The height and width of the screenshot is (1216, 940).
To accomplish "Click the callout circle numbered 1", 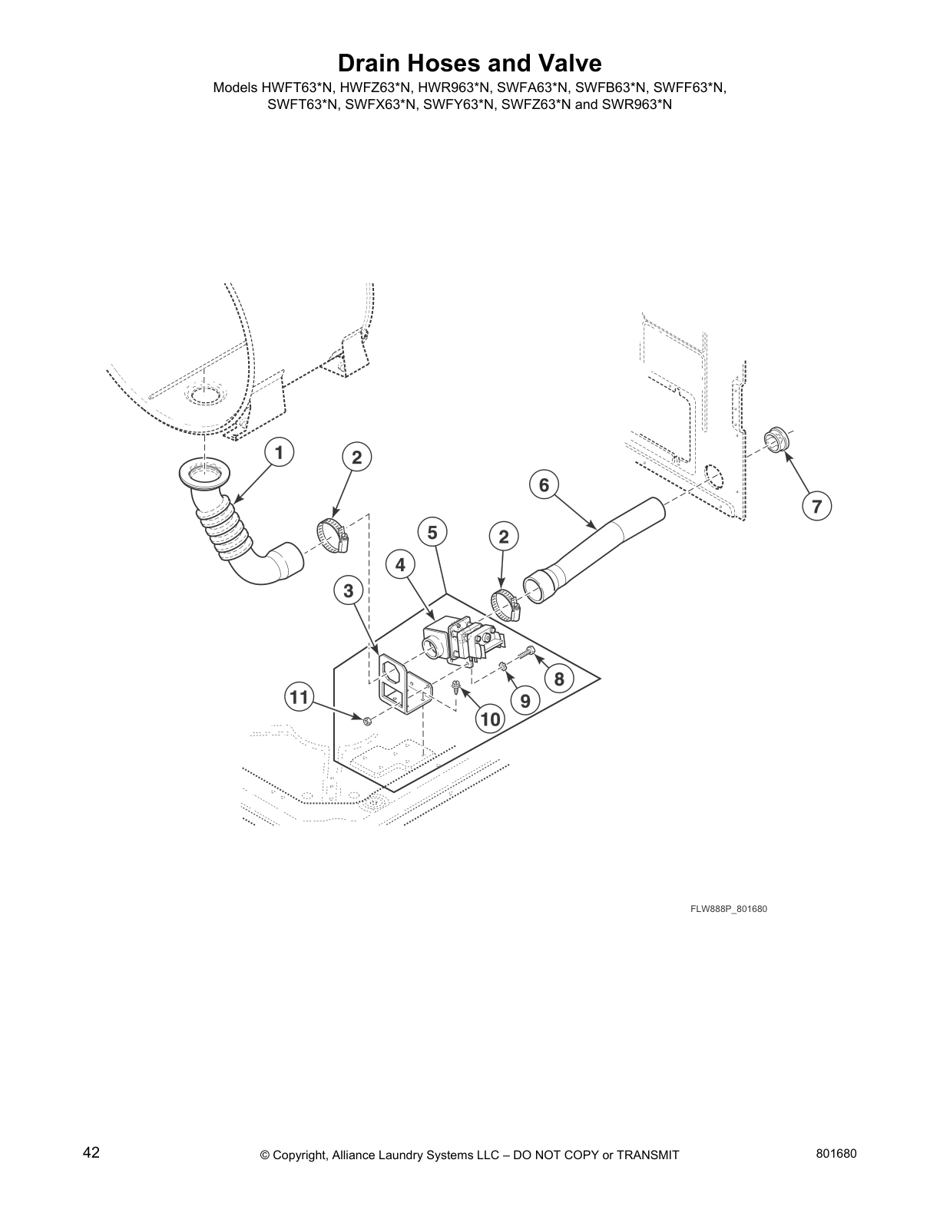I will pyautogui.click(x=280, y=453).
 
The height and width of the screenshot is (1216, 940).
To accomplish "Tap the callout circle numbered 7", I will pyautogui.click(x=816, y=506).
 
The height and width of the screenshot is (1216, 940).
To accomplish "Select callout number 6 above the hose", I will pyautogui.click(x=544, y=484).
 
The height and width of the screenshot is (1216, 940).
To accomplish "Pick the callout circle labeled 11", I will pyautogui.click(x=299, y=697).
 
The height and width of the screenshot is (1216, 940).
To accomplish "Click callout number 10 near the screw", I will pyautogui.click(x=489, y=719).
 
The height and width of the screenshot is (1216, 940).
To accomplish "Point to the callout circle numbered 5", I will pyautogui.click(x=432, y=532).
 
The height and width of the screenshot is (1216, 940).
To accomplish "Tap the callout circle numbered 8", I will pyautogui.click(x=559, y=679).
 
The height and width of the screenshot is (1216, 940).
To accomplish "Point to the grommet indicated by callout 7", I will pyautogui.click(x=776, y=443).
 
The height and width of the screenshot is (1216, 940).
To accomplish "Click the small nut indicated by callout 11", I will pyautogui.click(x=367, y=720).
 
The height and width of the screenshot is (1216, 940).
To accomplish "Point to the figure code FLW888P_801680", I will pyautogui.click(x=728, y=909).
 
